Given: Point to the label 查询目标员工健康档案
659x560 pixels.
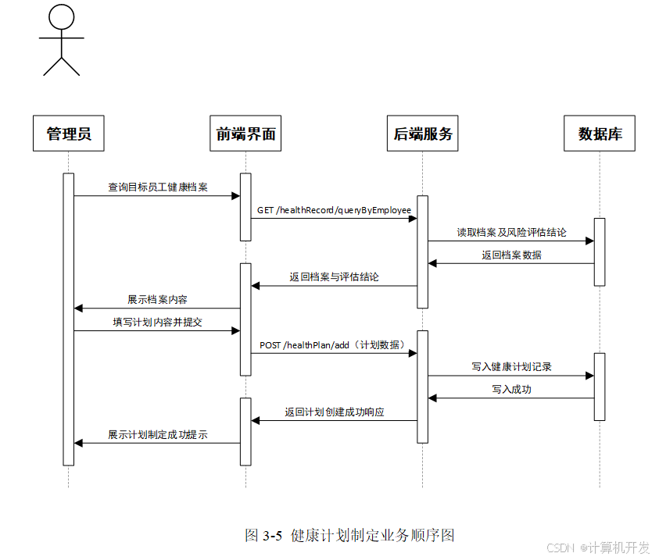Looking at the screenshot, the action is click(158, 187).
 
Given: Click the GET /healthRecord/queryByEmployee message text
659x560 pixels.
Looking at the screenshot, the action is click(334, 210).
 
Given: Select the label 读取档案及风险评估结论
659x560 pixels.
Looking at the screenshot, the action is click(511, 233).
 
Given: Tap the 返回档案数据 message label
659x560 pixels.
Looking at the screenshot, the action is click(511, 255).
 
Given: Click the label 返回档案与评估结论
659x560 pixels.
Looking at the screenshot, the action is click(334, 277).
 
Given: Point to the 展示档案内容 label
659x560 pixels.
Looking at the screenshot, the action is click(158, 300).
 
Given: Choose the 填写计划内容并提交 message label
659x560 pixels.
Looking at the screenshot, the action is click(158, 323).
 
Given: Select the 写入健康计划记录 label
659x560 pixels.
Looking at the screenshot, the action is click(511, 367).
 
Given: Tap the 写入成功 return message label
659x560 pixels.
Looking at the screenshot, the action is click(511, 390).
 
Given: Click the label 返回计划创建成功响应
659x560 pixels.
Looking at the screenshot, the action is click(334, 412).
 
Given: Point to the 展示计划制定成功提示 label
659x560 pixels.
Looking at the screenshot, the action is click(158, 435).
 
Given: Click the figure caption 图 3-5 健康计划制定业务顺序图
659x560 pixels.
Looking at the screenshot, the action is click(349, 535).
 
